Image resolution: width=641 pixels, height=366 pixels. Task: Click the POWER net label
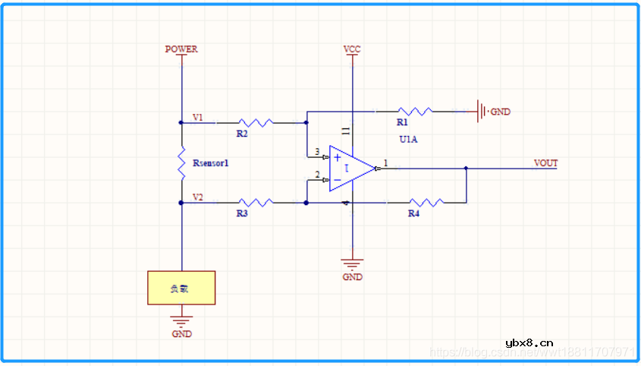point(181,49)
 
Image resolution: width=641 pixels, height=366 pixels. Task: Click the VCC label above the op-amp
point(352,49)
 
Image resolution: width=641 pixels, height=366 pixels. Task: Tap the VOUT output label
point(545,163)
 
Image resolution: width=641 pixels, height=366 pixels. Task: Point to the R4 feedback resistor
point(426,203)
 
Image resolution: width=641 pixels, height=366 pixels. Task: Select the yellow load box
point(181,288)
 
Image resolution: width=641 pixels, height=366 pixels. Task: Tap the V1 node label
point(197,118)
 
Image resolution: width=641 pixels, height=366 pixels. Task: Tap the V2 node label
point(197,197)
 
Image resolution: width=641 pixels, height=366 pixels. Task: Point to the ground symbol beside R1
point(481,112)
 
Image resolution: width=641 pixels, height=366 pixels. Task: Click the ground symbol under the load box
point(181,320)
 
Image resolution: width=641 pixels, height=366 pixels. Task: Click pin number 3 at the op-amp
point(317,152)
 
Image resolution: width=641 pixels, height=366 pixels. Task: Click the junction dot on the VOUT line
point(466,169)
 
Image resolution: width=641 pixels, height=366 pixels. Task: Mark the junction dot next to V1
point(181,121)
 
